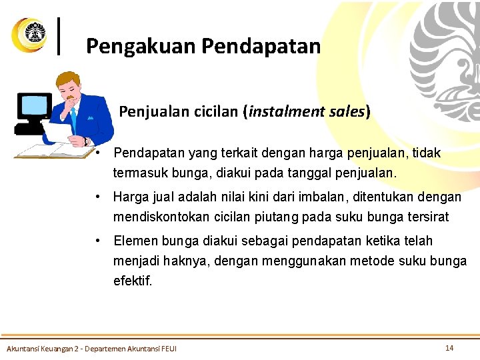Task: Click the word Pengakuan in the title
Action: (140, 46)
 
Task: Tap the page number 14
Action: (449, 347)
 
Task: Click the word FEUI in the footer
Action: (168, 349)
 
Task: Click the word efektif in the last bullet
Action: (133, 281)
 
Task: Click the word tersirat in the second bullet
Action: (425, 217)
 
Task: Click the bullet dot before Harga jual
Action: (98, 197)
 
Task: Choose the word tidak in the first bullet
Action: (426, 153)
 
